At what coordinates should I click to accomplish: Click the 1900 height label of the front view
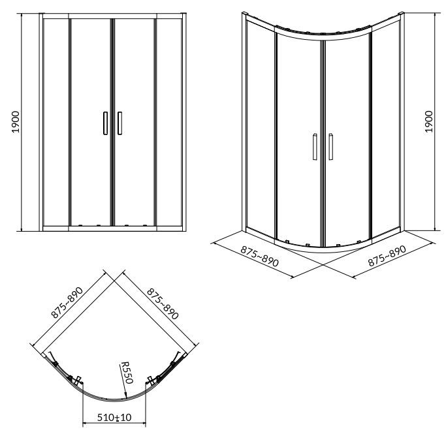[x=16, y=122]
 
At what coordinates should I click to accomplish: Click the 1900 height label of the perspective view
[x=428, y=121]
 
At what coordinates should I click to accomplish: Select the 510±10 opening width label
[x=114, y=417]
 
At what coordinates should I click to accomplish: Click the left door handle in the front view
[x=106, y=123]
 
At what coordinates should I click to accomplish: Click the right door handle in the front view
[x=119, y=123]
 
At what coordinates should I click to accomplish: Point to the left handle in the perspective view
[x=315, y=146]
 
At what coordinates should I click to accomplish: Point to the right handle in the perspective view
[x=331, y=146]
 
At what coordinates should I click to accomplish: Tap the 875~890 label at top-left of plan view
[x=67, y=302]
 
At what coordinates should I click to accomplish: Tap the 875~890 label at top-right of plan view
[x=163, y=304]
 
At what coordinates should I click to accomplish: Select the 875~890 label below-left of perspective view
[x=259, y=256]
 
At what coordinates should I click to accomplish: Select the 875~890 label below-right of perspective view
[x=387, y=256]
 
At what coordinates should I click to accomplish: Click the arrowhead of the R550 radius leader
[x=125, y=394]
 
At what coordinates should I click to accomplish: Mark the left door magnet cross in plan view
[x=78, y=381]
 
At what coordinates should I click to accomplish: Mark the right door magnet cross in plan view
[x=151, y=381]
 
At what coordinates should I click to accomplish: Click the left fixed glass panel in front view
[x=56, y=122]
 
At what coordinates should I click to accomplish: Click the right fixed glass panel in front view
[x=169, y=122]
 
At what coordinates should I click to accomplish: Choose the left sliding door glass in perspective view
[x=298, y=139]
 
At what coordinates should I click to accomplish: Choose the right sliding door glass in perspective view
[x=347, y=139]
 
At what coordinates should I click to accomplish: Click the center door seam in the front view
[x=112, y=122]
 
